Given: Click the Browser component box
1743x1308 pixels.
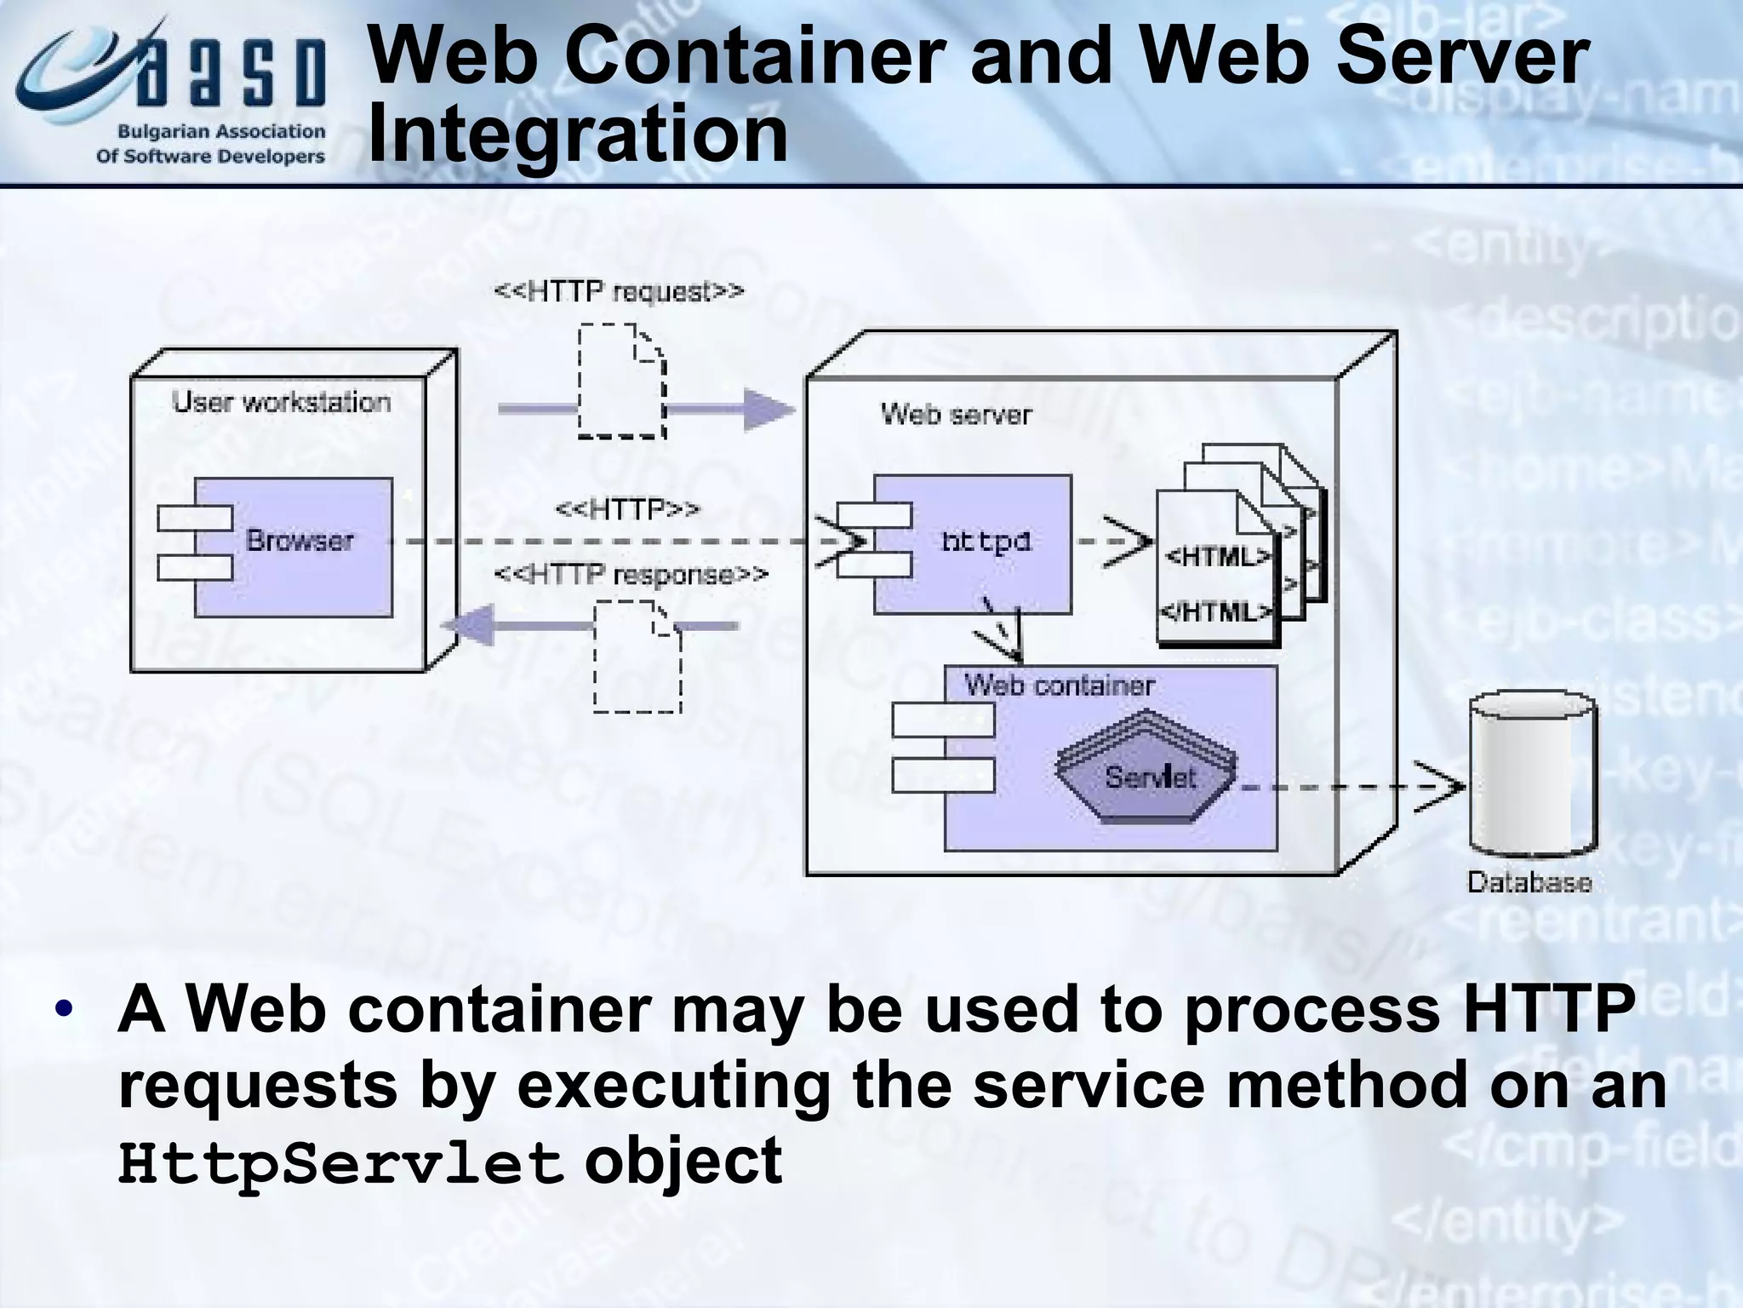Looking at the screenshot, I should tap(294, 547).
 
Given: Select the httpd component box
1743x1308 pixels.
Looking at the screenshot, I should tap(972, 544).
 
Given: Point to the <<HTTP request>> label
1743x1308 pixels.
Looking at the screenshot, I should tap(619, 292).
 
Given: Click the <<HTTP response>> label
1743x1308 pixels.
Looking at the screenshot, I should tap(631, 576).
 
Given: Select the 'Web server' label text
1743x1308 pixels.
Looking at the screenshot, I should tap(956, 415).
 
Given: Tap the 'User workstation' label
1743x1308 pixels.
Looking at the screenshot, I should tap(282, 402).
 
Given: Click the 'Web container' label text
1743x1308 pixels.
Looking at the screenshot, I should tap(1059, 686).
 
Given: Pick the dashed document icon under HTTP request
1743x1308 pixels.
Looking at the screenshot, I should tap(621, 381).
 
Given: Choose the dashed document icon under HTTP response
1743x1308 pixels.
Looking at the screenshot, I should tap(637, 657).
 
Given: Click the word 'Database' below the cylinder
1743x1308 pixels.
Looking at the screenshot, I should tap(1529, 882).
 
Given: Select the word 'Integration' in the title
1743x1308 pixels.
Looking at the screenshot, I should tap(579, 134).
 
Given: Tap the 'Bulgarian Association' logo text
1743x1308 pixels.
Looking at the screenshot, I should tap(220, 132).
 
